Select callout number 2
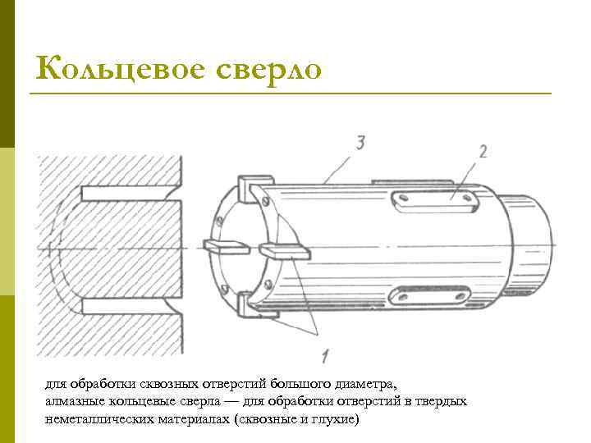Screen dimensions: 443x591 click(483, 151)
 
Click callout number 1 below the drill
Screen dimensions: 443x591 click(325, 355)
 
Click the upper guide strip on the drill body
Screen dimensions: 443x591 click(432, 198)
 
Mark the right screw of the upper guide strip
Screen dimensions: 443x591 click(465, 198)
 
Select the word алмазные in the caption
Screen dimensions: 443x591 click(72, 401)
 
